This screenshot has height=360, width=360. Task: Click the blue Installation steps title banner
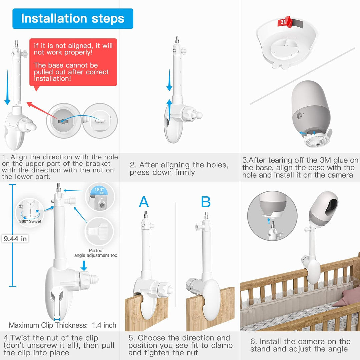coord(73,19)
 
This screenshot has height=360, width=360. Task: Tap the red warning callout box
coord(73,62)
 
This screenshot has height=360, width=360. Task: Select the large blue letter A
coord(144,202)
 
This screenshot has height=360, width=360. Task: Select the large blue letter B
coord(206,202)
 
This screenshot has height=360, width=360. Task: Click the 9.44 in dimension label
coord(15,239)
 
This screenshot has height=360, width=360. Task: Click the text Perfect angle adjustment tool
coord(96,253)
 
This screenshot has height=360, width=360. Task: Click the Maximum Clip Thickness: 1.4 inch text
coord(63,325)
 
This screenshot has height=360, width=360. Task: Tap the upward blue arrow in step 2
coord(169,111)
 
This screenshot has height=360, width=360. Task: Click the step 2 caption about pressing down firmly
coord(179,168)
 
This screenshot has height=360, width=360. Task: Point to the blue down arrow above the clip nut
coord(84,265)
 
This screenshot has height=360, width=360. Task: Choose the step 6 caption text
coord(300,345)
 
